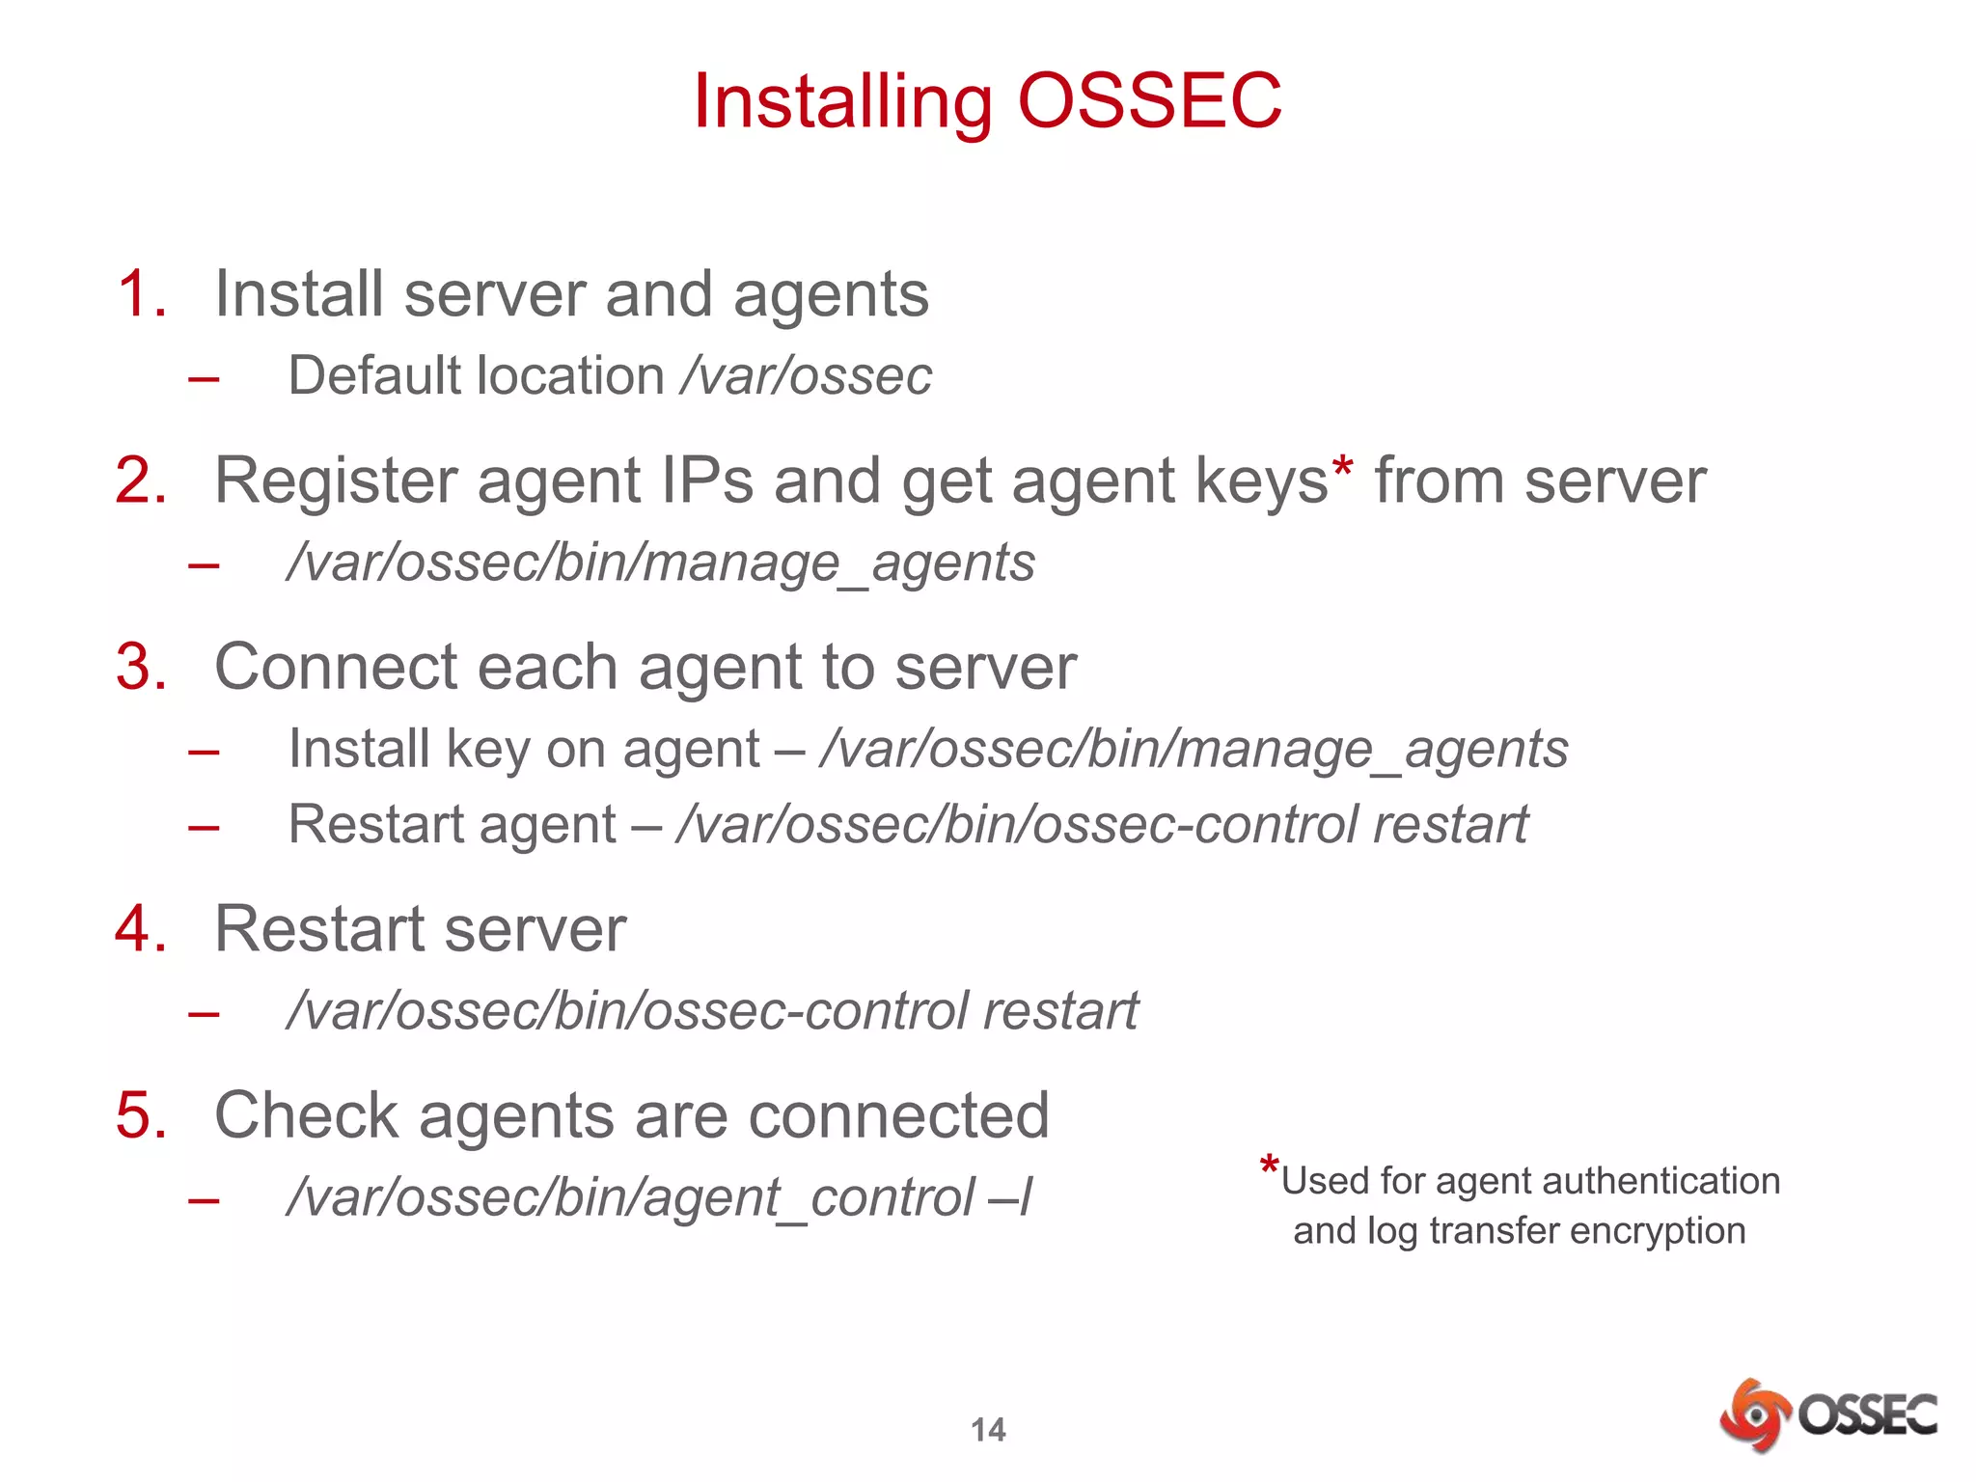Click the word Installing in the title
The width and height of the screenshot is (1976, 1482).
[x=842, y=102]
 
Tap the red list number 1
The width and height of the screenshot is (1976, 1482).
[x=141, y=293]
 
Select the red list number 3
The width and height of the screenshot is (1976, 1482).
[x=141, y=667]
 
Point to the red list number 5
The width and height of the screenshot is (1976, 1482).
[x=141, y=1115]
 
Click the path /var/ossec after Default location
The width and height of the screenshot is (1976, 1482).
[x=807, y=375]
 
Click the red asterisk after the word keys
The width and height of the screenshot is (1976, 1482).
[x=1342, y=471]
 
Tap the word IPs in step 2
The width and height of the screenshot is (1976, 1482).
[x=707, y=480]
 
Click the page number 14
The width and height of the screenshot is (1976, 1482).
[x=988, y=1429]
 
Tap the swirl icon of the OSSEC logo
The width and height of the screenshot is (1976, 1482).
[x=1754, y=1415]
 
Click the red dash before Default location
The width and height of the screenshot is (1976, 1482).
[x=204, y=378]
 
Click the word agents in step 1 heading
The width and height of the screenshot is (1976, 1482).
[x=831, y=295]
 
